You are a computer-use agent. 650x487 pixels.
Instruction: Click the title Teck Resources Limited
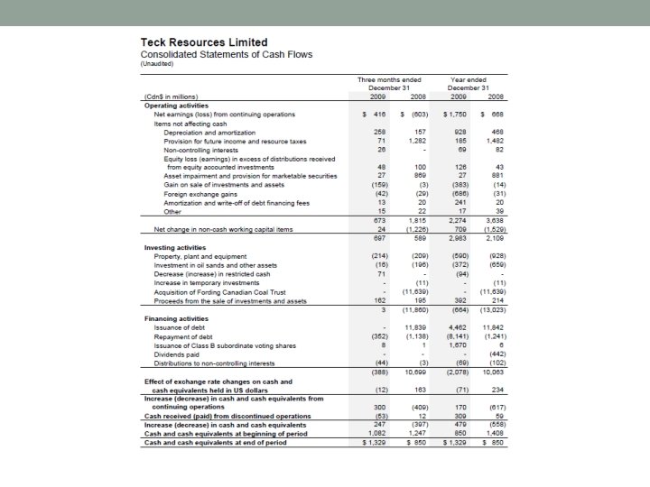tap(203, 42)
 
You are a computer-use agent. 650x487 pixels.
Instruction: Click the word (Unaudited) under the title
tap(161, 64)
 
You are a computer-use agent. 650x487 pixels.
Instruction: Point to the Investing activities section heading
tap(175, 247)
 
